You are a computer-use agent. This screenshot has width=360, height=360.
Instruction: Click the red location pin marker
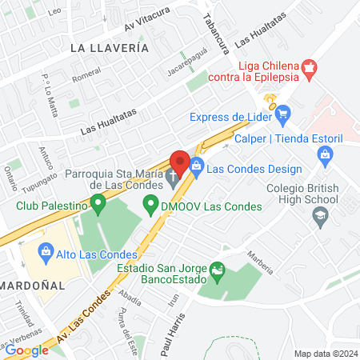pos(179,162)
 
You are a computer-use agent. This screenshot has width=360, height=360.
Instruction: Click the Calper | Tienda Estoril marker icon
pos(324,158)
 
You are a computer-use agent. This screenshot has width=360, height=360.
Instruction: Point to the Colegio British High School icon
pos(320,214)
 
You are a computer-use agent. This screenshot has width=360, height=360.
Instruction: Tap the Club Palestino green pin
pos(98,206)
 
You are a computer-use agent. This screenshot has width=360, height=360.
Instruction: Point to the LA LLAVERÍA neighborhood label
pos(110,48)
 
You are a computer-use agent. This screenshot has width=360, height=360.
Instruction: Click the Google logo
pos(26,350)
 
